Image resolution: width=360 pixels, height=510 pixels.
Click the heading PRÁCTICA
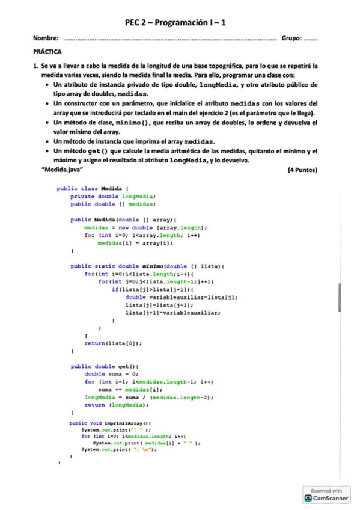point(47,52)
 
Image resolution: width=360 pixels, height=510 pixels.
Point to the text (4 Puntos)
point(303,170)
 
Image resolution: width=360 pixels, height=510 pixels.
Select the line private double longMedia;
point(113,196)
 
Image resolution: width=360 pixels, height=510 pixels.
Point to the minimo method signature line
point(147,266)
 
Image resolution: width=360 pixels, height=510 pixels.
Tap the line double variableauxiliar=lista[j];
point(182,297)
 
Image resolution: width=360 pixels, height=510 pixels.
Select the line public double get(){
point(105,366)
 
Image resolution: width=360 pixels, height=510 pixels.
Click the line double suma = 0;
point(112,374)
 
